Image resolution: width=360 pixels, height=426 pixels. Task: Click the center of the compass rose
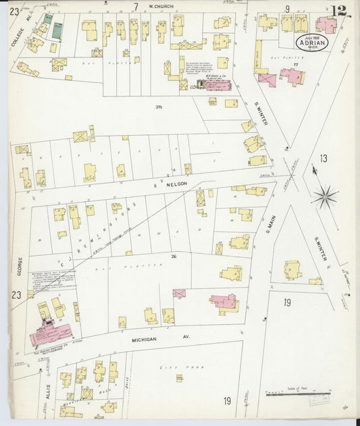[x=325, y=196]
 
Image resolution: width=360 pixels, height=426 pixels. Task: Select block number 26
[x=174, y=257]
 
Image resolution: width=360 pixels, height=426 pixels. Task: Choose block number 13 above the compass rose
[x=324, y=159]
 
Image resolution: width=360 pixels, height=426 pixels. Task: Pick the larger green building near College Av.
[x=57, y=30]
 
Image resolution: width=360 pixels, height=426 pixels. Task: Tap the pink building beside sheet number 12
[x=326, y=26]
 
